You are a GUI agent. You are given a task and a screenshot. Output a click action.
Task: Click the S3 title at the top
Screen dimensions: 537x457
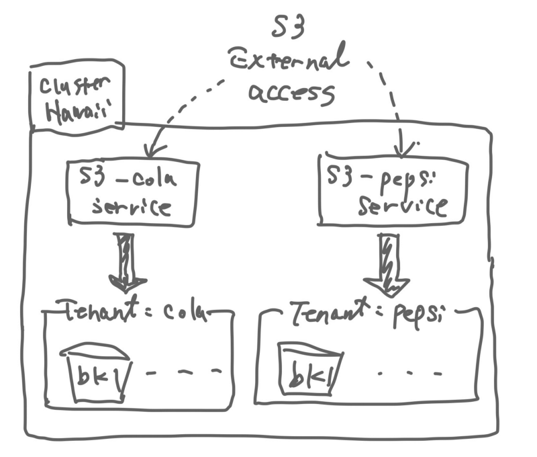click(x=288, y=27)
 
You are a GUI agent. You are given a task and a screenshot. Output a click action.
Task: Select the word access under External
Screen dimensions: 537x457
click(x=291, y=93)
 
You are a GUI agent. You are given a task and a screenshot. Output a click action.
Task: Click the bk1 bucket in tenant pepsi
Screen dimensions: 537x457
click(x=310, y=369)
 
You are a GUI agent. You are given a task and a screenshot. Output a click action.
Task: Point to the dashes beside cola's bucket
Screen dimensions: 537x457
click(x=184, y=372)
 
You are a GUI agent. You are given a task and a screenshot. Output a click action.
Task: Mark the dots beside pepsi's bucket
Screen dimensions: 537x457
click(x=409, y=374)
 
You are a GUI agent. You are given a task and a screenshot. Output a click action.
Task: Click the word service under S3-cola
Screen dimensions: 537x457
click(x=132, y=207)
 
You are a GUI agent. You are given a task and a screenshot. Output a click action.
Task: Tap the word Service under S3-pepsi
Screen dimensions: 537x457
click(x=403, y=206)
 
